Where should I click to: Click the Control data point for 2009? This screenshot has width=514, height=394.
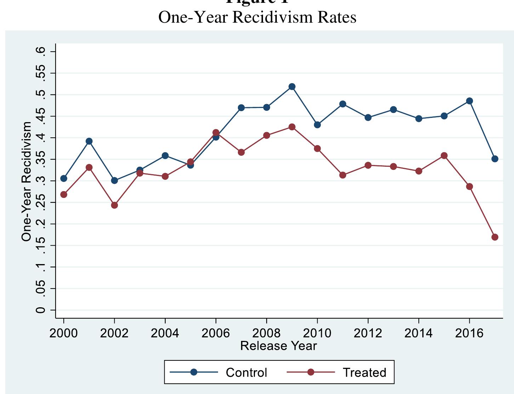292,87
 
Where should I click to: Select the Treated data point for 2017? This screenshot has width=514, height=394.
495,237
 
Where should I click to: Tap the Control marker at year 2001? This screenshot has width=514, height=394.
89,141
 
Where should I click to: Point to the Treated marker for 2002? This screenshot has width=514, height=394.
114,205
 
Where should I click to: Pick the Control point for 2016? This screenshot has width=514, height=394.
469,101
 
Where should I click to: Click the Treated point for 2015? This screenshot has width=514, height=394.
444,156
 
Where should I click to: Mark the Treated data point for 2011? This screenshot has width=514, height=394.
343,175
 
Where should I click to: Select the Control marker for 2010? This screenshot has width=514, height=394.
317,125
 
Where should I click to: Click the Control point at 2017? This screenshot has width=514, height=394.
495,159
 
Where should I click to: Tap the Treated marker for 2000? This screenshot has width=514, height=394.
64,194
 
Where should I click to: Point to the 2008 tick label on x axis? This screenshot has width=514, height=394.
267,333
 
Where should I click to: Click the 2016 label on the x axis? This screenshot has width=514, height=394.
469,333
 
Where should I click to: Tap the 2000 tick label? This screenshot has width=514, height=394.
64,333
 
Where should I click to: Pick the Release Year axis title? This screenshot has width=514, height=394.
279,346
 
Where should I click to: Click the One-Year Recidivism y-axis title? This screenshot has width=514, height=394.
27,181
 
